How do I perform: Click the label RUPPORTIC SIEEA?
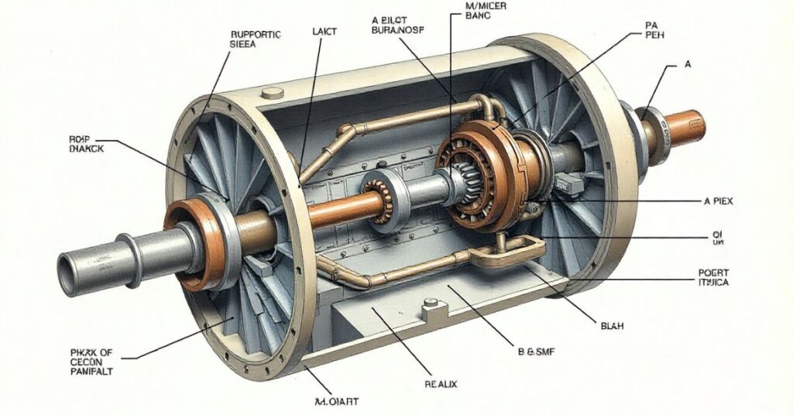256,39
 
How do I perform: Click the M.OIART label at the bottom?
341,401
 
